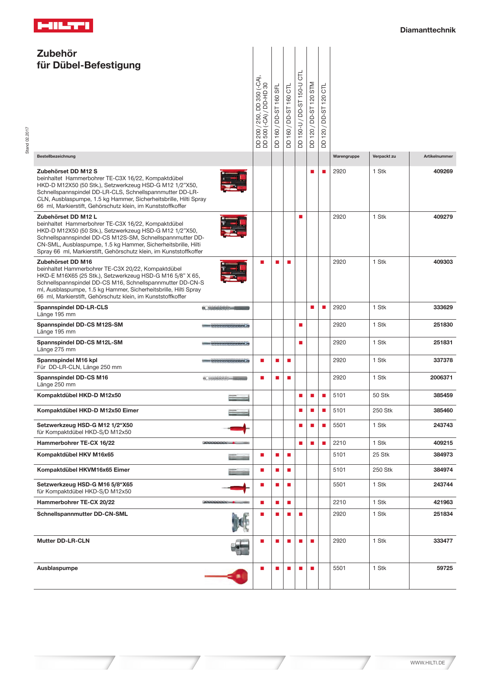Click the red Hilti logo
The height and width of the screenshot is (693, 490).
point(63,26)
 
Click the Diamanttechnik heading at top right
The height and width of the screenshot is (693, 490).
point(427,30)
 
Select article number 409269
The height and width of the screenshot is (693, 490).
point(443,172)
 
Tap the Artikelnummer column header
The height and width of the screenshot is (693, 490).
point(438,156)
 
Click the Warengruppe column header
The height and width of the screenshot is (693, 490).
point(346,156)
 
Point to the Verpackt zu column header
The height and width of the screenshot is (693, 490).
point(384,156)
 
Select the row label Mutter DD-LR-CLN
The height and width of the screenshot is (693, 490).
point(63,541)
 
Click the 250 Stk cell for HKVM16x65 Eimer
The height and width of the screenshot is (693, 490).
point(382,470)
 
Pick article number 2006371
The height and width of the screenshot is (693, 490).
point(441,378)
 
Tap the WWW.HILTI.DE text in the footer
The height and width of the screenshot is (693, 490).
point(427,663)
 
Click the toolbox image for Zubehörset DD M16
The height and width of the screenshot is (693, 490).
point(233,272)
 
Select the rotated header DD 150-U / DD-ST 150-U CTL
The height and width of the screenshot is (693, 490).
point(300,109)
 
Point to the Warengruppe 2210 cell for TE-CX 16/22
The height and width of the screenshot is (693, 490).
point(339,443)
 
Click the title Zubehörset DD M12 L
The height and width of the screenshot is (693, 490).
point(67,217)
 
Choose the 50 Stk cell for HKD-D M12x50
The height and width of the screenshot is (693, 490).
point(381,395)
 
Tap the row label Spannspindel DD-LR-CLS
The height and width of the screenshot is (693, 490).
point(72,308)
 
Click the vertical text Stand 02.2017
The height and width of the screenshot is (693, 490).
point(27,140)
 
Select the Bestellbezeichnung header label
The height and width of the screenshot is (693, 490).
point(56,156)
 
